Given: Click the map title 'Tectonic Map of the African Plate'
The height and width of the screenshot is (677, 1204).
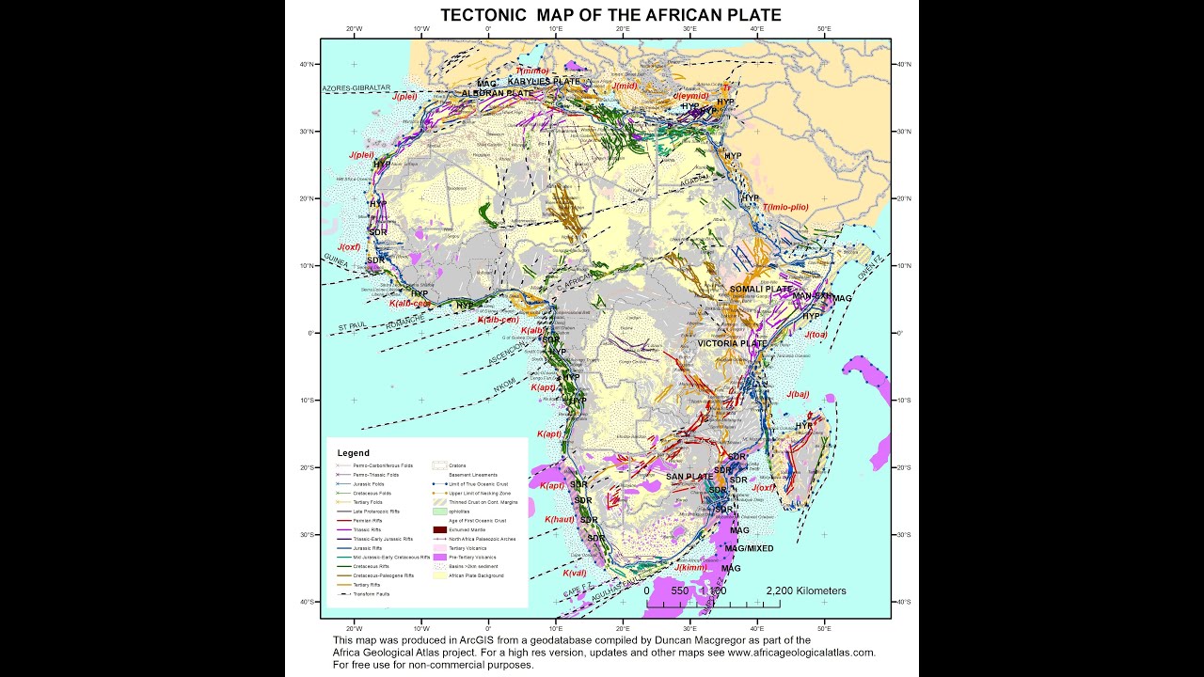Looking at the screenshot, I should [610, 15].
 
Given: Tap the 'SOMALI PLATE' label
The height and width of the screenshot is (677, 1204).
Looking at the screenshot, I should [761, 289].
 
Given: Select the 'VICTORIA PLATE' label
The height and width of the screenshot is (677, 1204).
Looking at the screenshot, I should [733, 344].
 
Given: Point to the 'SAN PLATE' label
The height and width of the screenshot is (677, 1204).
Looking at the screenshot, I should [689, 477].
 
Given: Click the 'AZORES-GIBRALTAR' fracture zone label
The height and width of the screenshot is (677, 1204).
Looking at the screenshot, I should [356, 88].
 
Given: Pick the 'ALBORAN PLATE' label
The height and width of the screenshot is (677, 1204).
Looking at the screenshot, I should [497, 94].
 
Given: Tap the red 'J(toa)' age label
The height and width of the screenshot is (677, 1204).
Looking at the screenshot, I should [816, 334].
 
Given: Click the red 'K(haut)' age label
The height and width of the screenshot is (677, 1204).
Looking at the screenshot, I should [559, 518].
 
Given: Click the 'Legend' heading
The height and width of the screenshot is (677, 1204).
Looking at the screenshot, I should [353, 453].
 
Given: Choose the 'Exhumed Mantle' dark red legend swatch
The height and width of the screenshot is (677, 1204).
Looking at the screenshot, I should [438, 529].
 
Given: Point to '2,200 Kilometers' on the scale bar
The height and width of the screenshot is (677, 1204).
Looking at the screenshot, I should [806, 591].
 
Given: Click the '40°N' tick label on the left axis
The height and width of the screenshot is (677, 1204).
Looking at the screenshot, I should [307, 65].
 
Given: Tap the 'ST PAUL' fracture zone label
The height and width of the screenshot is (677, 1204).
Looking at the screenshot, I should [352, 326].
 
